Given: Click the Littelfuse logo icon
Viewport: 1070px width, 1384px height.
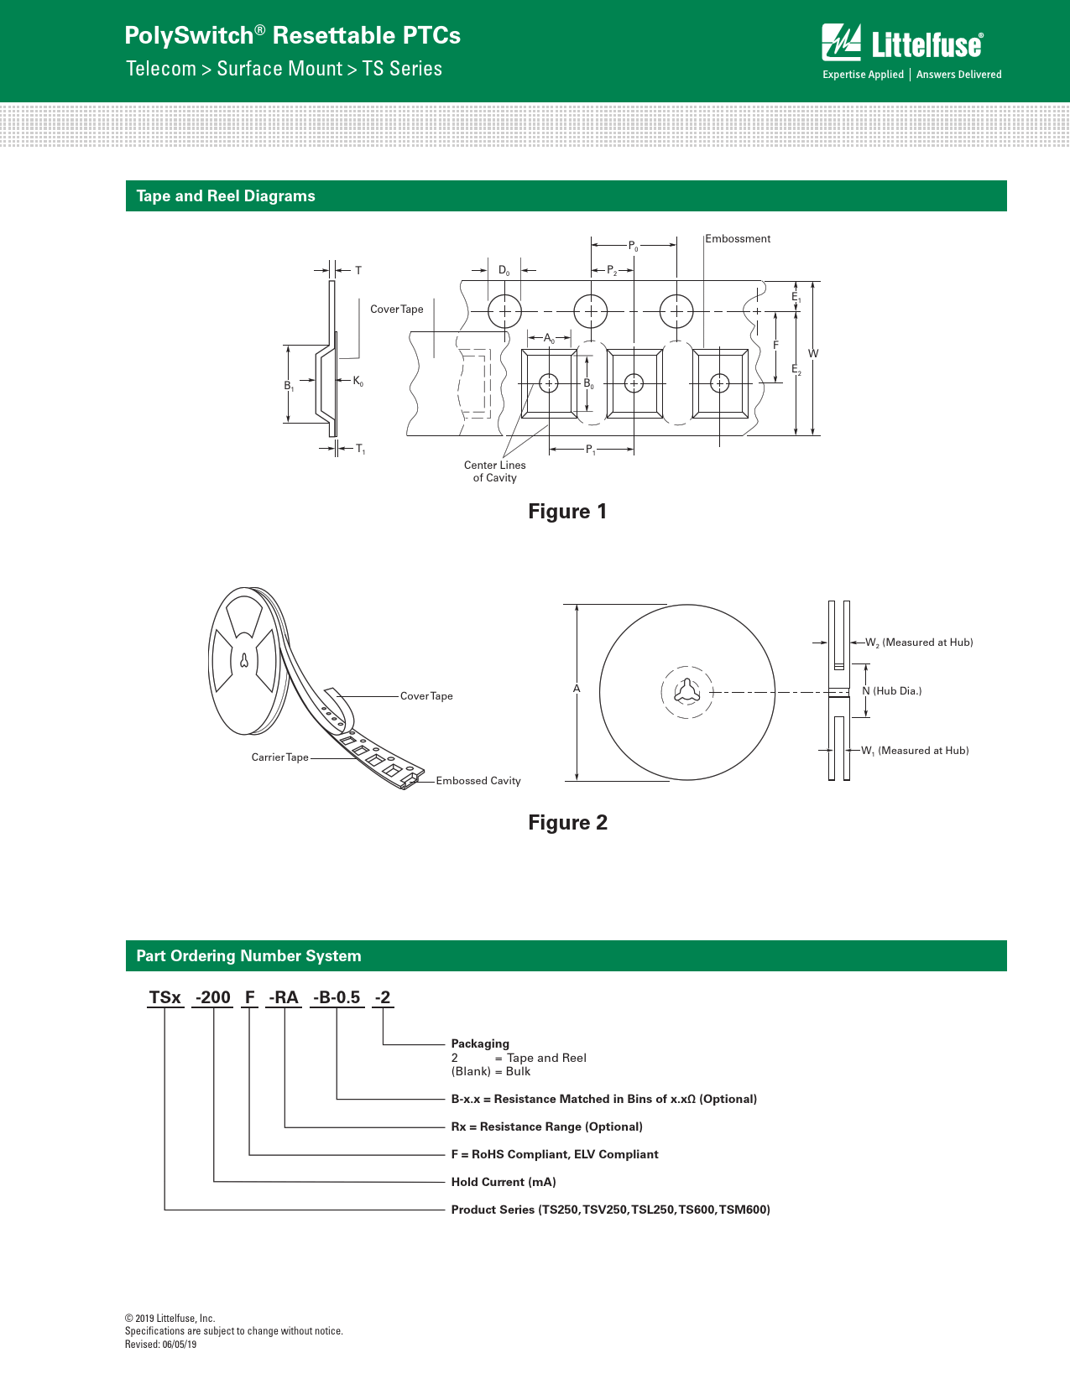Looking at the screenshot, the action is (841, 42).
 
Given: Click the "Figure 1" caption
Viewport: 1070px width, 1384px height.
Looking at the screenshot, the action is (567, 512).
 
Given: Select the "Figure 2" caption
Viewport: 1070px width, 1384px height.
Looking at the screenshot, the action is (567, 822).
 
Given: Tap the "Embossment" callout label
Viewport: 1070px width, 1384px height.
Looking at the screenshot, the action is (738, 239).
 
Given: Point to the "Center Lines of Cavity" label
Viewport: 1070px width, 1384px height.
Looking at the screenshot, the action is (494, 471).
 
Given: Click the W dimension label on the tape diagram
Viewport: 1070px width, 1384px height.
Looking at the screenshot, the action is (813, 353).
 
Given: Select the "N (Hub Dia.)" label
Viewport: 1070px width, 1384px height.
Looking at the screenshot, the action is (891, 691).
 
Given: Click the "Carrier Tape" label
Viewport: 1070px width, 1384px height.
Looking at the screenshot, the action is (279, 757).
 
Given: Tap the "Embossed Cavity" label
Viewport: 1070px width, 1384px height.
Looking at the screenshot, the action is (478, 781).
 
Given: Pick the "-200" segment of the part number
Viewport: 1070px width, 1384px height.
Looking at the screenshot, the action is (213, 997).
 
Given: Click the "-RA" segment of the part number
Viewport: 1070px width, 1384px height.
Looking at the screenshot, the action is (283, 997).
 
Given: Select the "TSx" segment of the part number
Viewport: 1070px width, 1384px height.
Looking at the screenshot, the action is (165, 997).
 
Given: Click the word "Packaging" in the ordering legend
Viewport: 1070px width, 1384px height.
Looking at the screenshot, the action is (480, 1043).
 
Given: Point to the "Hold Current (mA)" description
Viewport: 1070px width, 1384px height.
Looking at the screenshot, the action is (504, 1182).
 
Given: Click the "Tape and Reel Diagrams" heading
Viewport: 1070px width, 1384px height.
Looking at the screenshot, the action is (226, 196).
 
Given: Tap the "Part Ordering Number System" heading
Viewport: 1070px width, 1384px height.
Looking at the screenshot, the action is (248, 956).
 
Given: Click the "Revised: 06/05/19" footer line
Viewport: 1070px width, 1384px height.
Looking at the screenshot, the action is (160, 1345).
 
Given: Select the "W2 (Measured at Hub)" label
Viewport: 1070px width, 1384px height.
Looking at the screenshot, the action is (919, 643).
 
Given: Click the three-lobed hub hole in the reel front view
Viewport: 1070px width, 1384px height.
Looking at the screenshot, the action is (687, 691).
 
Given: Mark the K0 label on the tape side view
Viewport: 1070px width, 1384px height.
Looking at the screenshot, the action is (358, 381).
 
